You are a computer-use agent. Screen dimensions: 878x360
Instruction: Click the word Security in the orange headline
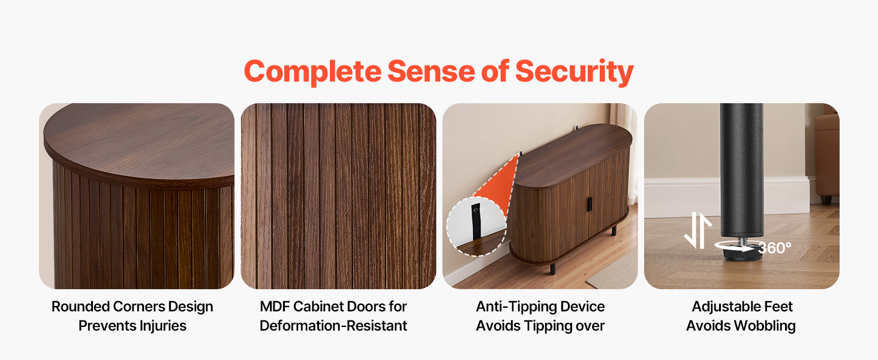point(574,72)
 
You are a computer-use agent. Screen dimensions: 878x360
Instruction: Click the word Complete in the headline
point(312,72)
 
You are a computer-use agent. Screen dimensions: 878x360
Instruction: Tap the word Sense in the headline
point(431,71)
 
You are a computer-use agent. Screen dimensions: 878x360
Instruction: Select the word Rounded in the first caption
point(80,306)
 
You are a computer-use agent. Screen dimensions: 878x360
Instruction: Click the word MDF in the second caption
point(275,306)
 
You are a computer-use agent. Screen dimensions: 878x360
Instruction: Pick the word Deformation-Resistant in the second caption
point(333,326)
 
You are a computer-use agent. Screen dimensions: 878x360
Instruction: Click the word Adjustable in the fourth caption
point(723,307)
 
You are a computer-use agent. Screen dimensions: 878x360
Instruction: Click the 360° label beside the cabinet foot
point(774,248)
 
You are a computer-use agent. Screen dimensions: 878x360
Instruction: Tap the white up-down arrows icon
point(697,230)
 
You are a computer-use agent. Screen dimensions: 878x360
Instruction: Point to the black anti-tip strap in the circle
point(476,221)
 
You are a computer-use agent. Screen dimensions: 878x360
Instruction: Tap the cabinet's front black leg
point(553,269)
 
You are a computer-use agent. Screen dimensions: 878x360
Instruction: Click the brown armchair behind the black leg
point(826,157)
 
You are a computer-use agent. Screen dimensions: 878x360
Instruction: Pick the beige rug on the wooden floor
point(613,271)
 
